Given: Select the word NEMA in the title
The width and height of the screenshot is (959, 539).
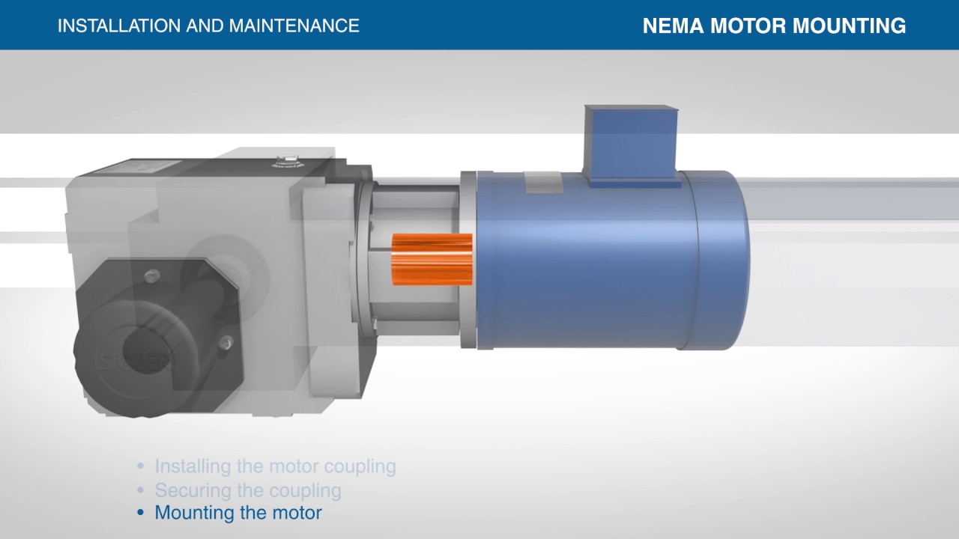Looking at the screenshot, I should click(x=673, y=26).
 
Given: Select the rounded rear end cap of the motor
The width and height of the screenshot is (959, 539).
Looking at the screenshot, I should click(x=723, y=258).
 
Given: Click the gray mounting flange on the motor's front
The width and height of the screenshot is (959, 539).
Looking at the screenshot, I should click(x=468, y=259).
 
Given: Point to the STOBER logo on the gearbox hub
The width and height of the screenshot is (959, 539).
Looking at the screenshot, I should click(x=135, y=363).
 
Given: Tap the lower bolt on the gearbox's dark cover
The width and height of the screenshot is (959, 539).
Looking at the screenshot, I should click(x=226, y=343).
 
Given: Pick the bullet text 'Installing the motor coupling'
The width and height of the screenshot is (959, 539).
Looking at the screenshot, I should click(x=275, y=466).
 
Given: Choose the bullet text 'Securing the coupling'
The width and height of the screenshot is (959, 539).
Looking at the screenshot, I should click(x=248, y=490).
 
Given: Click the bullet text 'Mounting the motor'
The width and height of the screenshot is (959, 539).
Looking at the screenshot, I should click(x=238, y=514).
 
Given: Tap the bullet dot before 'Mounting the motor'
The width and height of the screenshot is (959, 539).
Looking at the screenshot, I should click(x=140, y=514).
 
